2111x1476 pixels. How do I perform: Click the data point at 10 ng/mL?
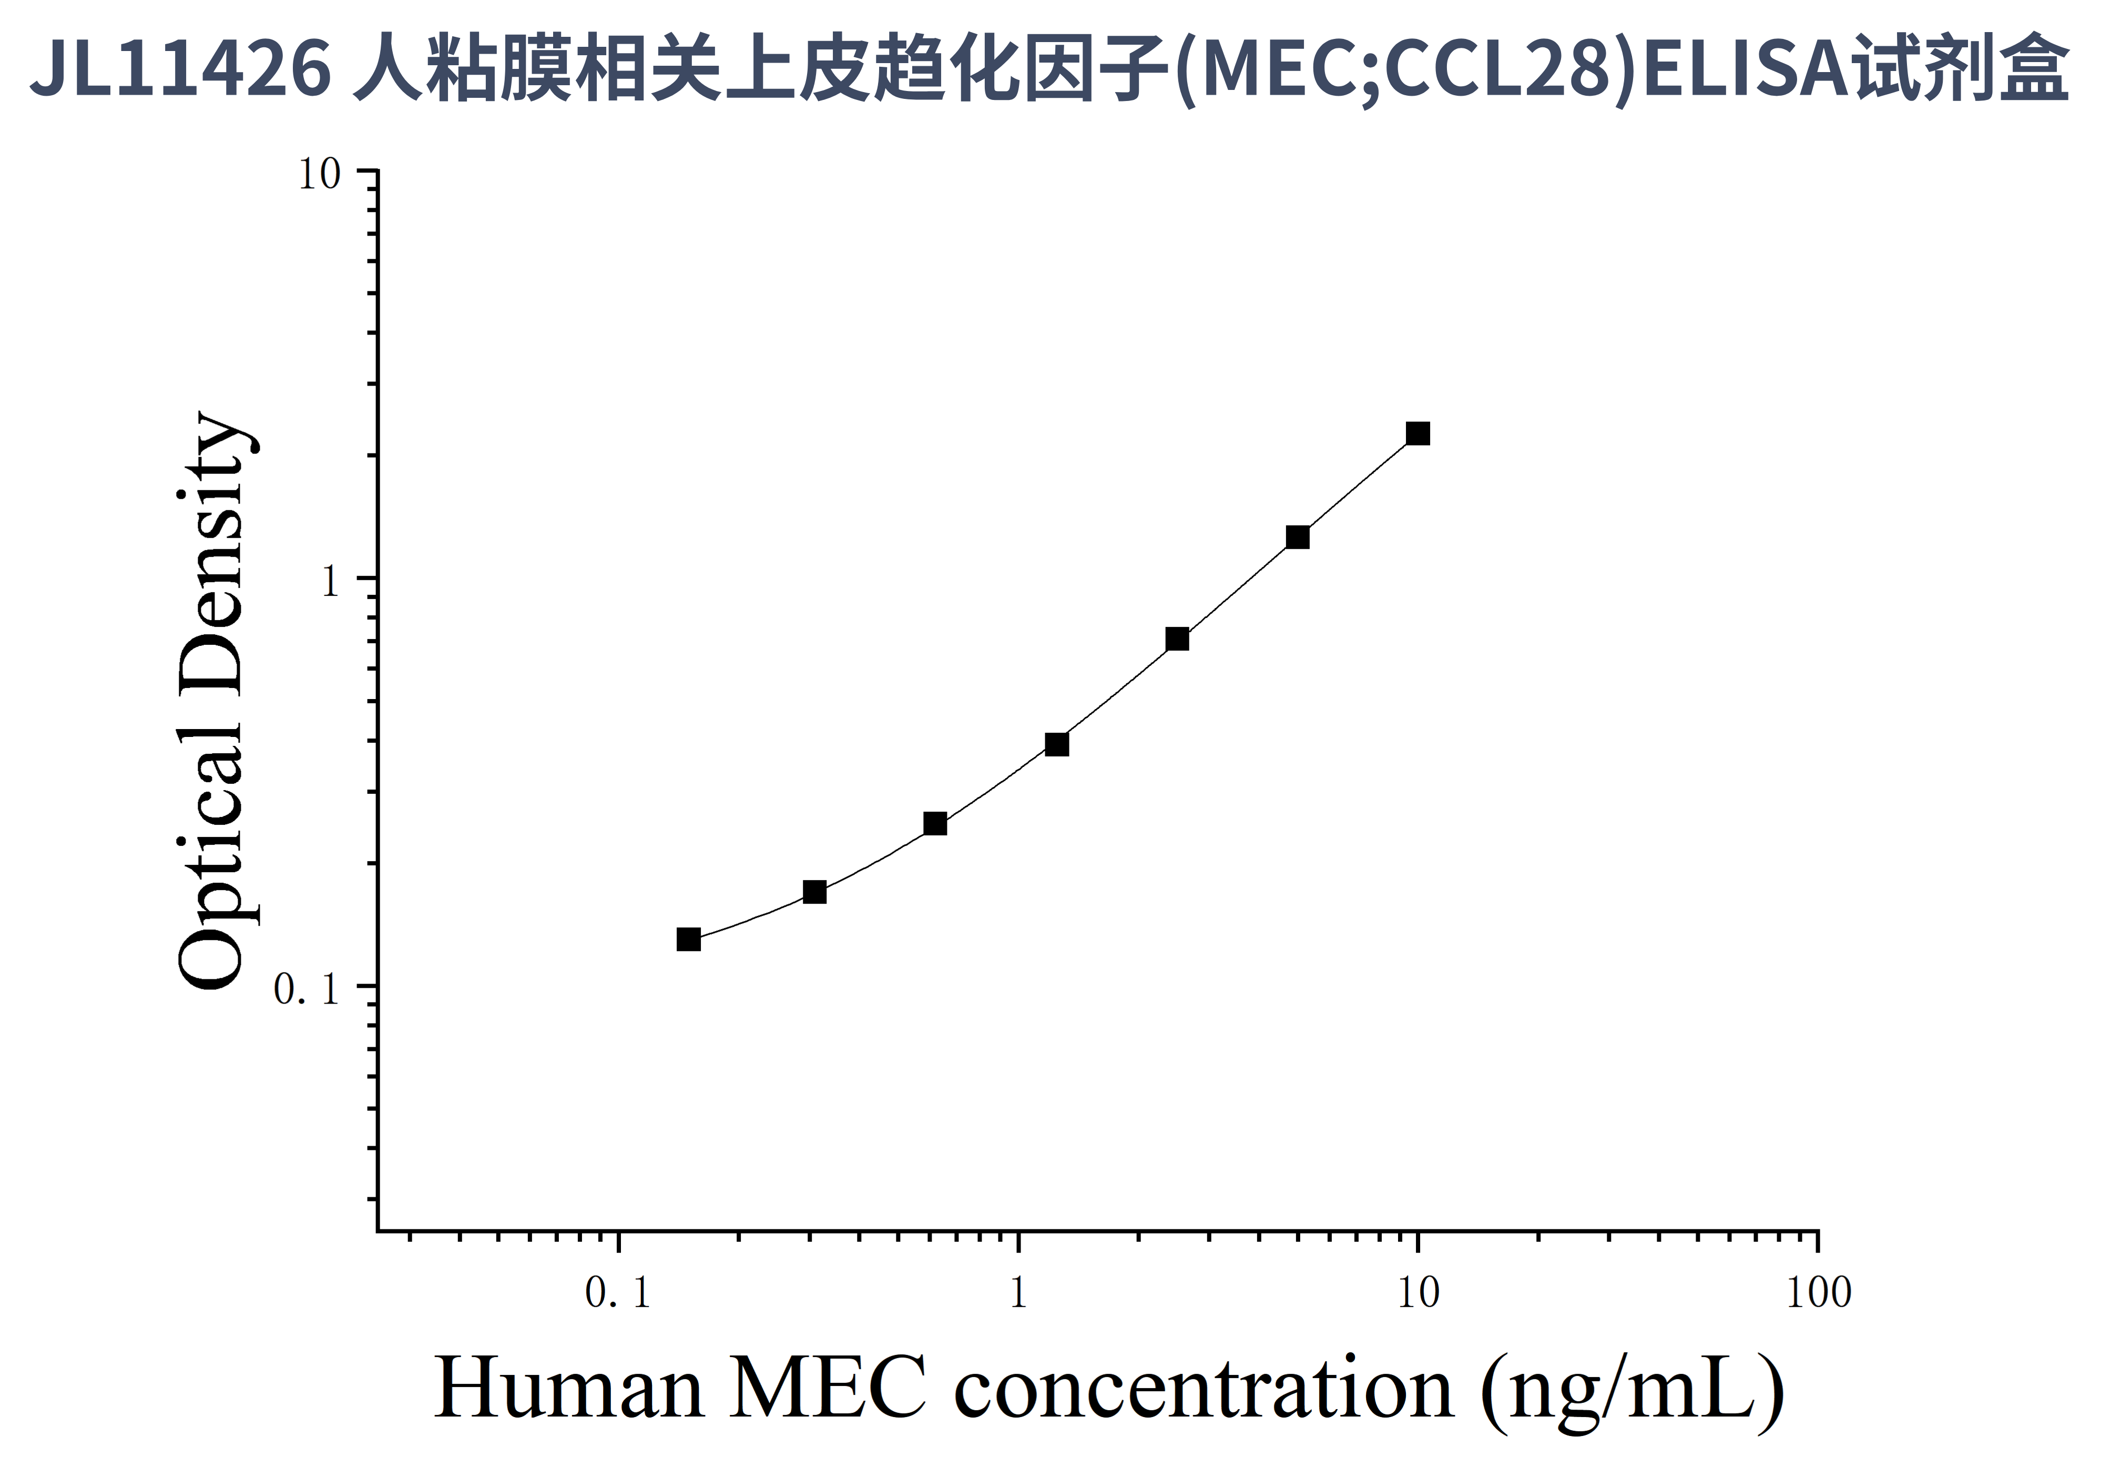tap(1417, 433)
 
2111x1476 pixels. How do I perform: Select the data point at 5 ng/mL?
tap(1297, 537)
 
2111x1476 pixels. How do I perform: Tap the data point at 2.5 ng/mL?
tap(1177, 639)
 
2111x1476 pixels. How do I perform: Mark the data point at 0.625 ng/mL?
tap(935, 824)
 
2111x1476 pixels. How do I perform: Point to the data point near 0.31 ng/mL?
tap(814, 892)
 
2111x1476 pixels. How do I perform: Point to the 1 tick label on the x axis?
tap(1018, 1294)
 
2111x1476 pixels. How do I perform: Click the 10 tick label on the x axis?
tap(1417, 1294)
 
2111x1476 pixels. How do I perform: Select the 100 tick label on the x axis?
tap(1818, 1294)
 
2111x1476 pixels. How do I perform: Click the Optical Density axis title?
tap(211, 701)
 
